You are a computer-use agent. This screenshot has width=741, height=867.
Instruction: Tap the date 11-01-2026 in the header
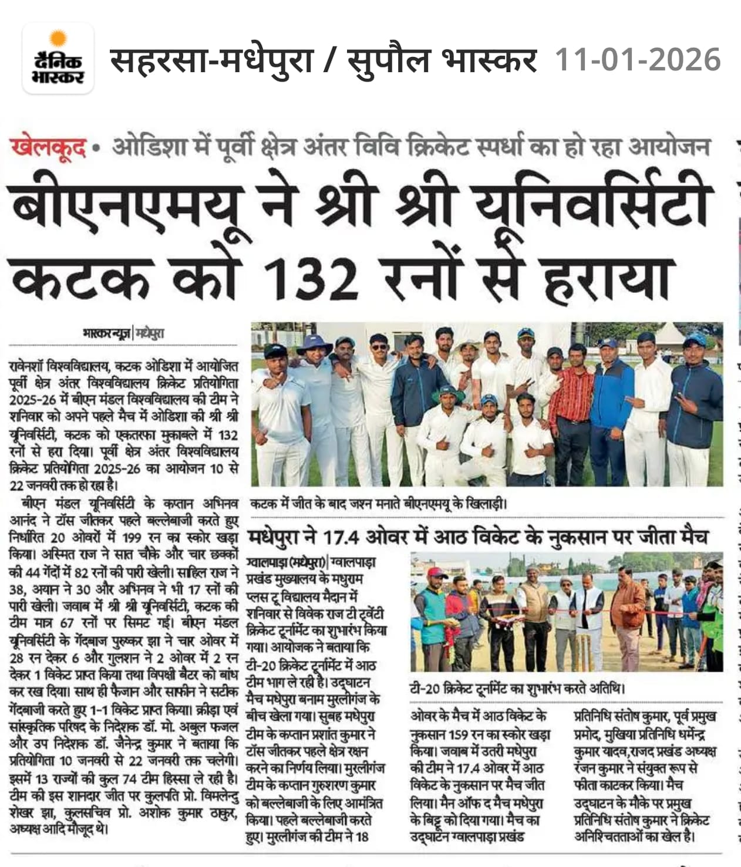pyautogui.click(x=637, y=60)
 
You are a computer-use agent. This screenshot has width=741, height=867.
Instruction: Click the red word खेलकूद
pyautogui.click(x=48, y=147)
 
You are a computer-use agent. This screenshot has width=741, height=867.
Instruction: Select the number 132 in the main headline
pyautogui.click(x=311, y=276)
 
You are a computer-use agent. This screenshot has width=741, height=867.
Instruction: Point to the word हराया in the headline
pyautogui.click(x=608, y=276)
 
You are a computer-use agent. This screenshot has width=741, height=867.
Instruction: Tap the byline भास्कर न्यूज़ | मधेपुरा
pyautogui.click(x=123, y=333)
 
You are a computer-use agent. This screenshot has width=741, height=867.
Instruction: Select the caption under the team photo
pyautogui.click(x=379, y=504)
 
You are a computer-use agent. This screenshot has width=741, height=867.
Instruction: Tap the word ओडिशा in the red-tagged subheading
pyautogui.click(x=151, y=147)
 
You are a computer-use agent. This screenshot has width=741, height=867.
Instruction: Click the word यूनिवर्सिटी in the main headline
pyautogui.click(x=593, y=205)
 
